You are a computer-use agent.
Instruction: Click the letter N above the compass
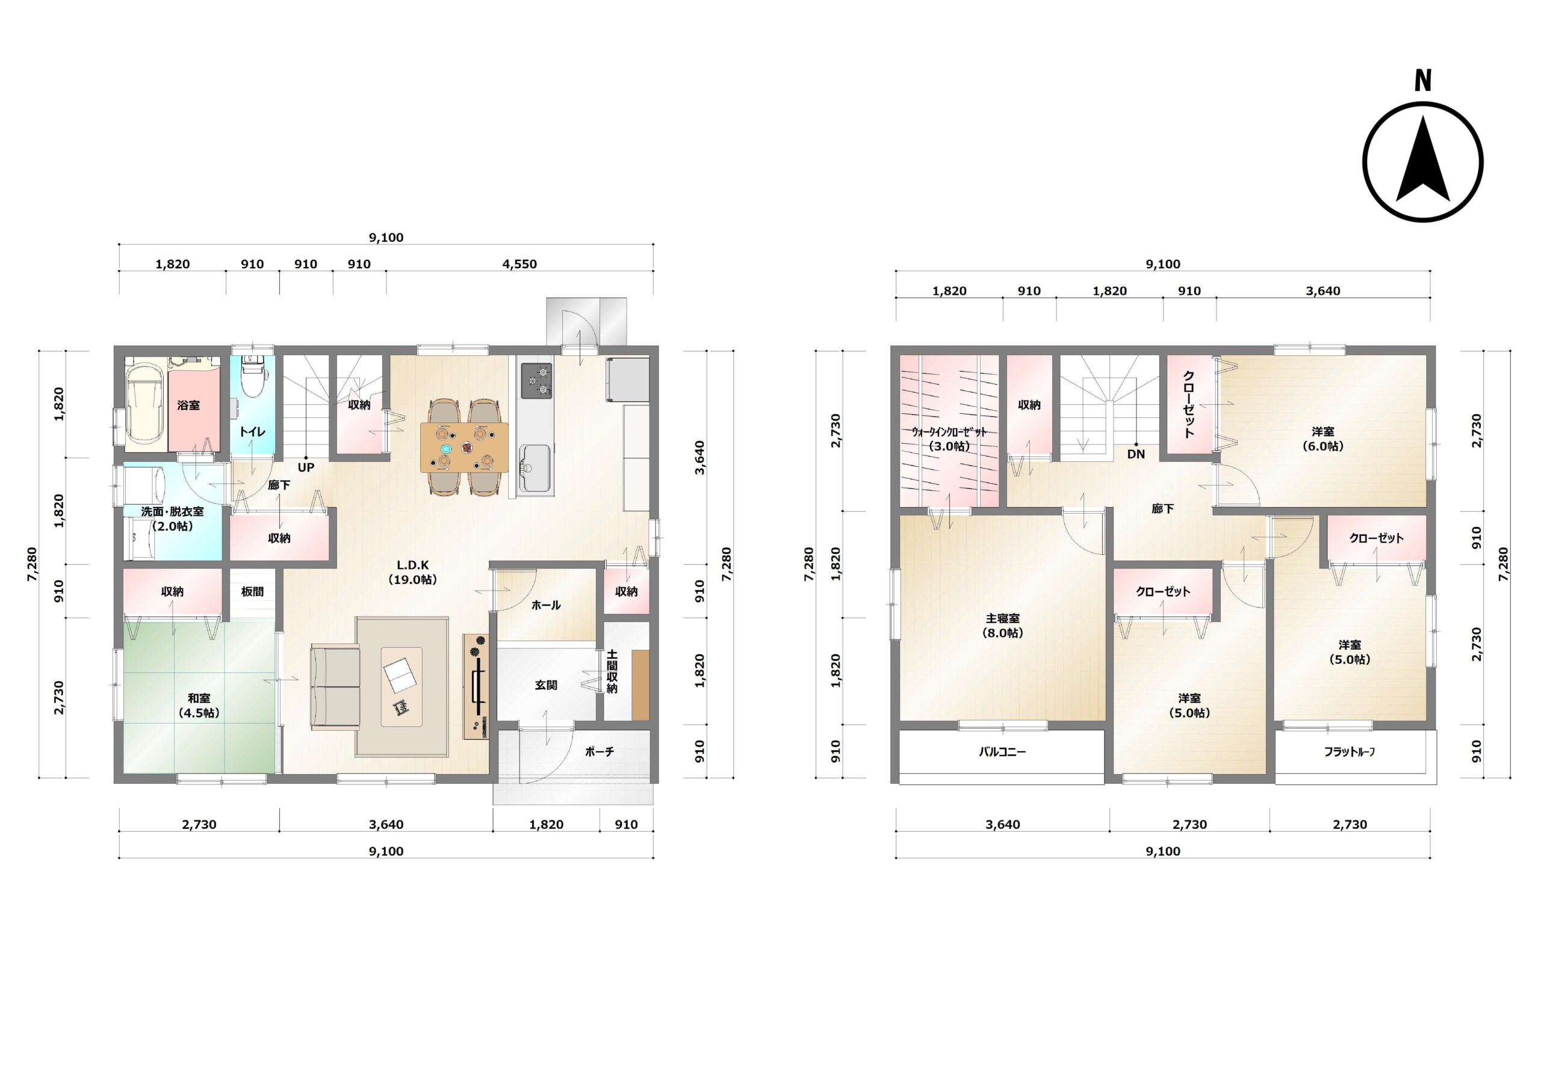pos(1423,81)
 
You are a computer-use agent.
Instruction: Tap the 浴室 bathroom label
pos(188,405)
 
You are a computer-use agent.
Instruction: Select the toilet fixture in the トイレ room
pos(252,376)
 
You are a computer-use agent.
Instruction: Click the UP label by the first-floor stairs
pos(306,467)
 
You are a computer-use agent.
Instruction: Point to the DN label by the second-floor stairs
pos(1136,454)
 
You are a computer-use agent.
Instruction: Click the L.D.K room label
pos(413,565)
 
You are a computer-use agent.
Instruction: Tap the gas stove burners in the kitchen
pos(536,381)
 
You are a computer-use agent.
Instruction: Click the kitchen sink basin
pos(535,467)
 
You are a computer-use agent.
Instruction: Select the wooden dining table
pos(465,447)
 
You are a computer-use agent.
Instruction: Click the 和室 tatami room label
pos(199,699)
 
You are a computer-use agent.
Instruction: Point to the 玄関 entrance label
pos(547,685)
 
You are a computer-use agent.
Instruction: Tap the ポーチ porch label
pos(600,752)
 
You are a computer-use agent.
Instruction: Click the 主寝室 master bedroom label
pos(1003,618)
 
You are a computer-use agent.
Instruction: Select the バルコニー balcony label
pos(1002,752)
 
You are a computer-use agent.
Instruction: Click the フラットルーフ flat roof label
pos(1350,752)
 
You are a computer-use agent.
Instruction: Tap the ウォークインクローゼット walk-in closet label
pos(949,432)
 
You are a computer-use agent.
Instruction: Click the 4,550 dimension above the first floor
pos(519,264)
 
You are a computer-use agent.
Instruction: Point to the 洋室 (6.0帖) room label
pos(1324,438)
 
